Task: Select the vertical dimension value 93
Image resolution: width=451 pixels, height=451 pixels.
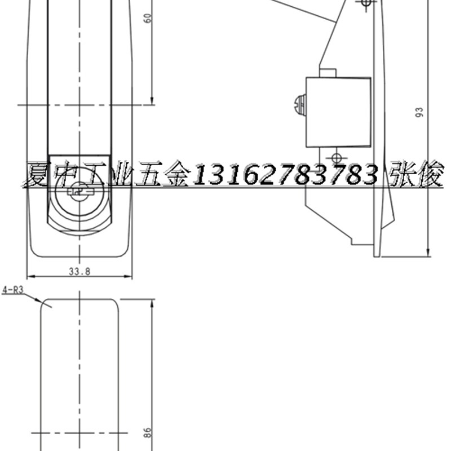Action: (418, 113)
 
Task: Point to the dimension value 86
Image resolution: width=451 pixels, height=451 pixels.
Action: (148, 433)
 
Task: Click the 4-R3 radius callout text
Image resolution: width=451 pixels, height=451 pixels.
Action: (12, 291)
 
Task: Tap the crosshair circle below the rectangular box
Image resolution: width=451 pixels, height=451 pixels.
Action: (336, 157)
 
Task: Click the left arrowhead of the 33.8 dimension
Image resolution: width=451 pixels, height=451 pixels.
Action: (30, 277)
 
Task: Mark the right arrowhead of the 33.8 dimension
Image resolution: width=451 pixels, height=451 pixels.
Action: (129, 277)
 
